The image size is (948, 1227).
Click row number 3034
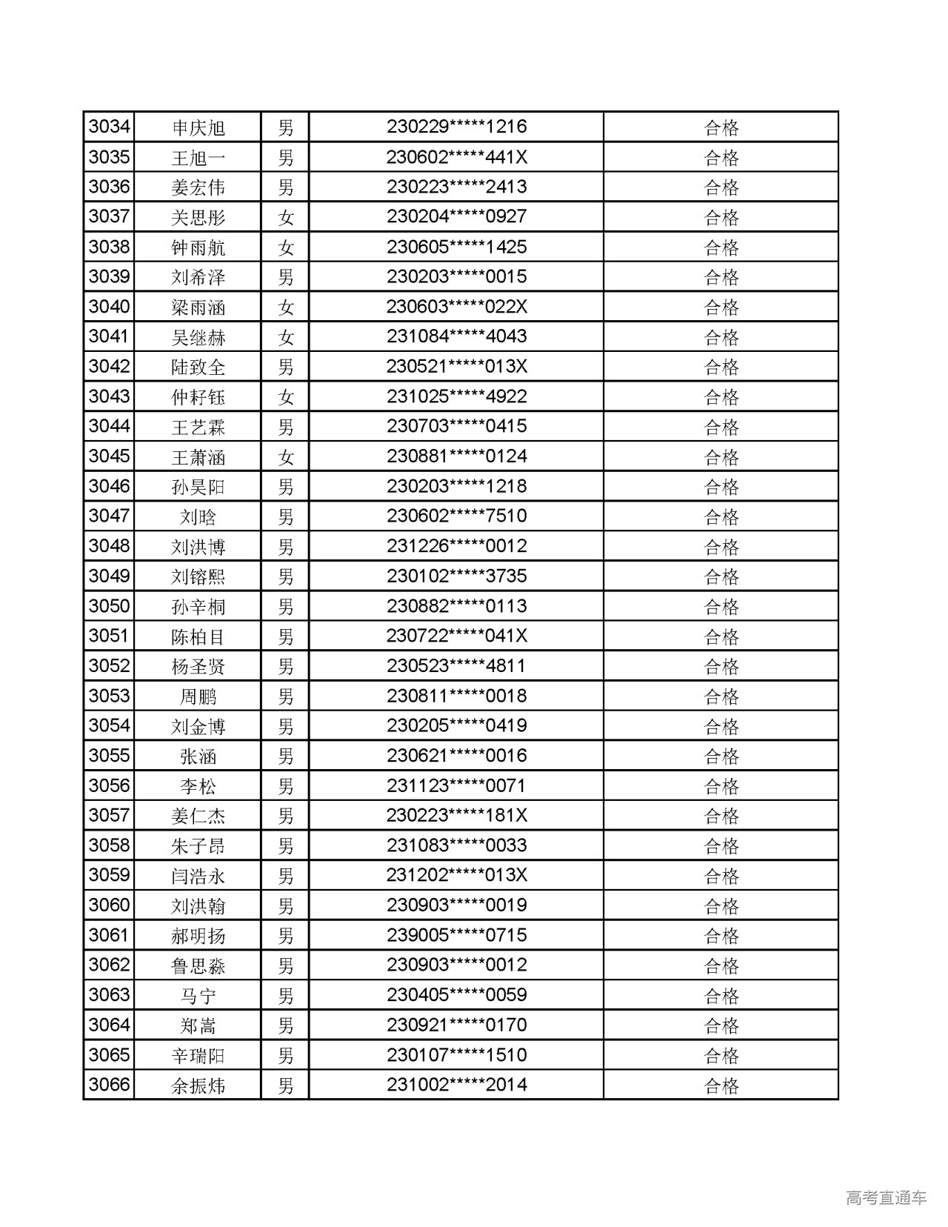coord(109,127)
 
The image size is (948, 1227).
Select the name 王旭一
coord(198,158)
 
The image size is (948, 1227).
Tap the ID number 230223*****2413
coord(456,187)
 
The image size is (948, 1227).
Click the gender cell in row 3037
coord(285,217)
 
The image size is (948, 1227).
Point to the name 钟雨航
coord(198,247)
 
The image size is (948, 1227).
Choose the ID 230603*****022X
coord(456,307)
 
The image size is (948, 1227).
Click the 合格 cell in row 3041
coord(721,337)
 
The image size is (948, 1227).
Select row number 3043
coord(109,396)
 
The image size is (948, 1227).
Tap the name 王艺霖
coord(198,427)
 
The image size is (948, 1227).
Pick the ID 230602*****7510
coord(456,516)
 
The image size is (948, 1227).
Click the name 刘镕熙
coord(198,576)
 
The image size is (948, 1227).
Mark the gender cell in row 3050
coord(285,606)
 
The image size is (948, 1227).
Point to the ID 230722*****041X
coord(456,636)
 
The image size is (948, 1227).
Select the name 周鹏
coord(198,696)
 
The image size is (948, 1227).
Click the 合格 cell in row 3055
coord(721,756)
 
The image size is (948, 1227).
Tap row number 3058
coord(109,845)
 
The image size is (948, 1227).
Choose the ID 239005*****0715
coord(456,935)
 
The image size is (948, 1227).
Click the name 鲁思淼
coord(198,965)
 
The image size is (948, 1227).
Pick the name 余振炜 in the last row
coord(198,1085)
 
